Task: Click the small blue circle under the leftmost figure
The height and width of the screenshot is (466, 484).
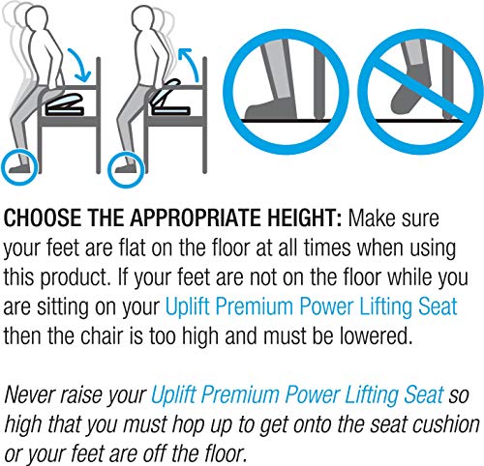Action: coord(19,163)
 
